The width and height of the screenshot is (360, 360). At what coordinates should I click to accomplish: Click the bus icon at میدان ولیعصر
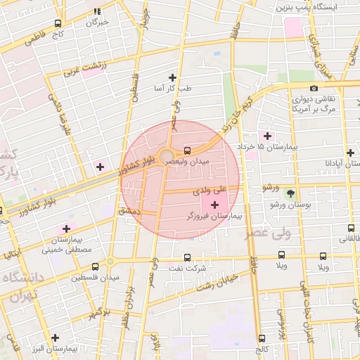(x=187, y=150)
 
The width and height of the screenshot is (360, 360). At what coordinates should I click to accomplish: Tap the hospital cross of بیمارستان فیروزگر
(x=214, y=204)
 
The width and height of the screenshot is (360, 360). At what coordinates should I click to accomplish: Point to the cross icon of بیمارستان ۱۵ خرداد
(x=266, y=135)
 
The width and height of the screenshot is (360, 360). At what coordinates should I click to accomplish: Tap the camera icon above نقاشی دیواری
(x=314, y=88)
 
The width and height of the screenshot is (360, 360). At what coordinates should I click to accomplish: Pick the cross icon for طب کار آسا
(x=173, y=77)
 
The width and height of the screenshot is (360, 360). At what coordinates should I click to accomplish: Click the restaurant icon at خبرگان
(x=97, y=11)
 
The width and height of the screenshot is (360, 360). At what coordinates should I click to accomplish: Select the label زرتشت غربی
(x=84, y=67)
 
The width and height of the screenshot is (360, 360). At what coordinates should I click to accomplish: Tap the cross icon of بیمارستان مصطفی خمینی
(x=67, y=228)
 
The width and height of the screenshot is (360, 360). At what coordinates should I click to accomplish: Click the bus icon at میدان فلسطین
(x=96, y=266)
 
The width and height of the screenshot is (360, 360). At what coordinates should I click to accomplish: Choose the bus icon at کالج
(x=262, y=338)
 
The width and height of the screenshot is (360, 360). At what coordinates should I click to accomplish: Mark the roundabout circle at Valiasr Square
(x=167, y=156)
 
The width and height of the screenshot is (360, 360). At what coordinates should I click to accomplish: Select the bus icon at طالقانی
(x=351, y=228)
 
